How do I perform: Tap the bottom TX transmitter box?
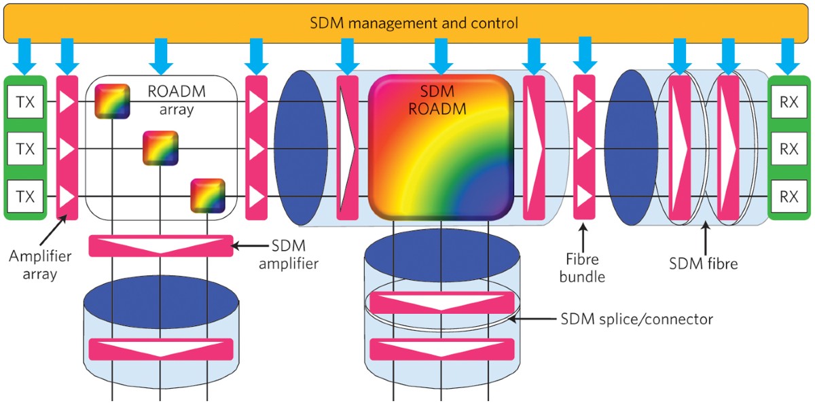click(25, 196)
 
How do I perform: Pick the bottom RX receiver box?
click(789, 196)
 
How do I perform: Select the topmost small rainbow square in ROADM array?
click(111, 100)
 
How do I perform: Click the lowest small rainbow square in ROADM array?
click(207, 195)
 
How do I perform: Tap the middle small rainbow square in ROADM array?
click(159, 147)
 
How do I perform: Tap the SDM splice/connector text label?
click(636, 318)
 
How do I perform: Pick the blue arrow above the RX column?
click(789, 55)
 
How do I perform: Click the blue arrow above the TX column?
click(25, 55)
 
